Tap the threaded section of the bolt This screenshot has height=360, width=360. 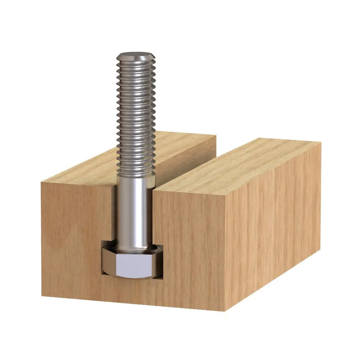point(136,115)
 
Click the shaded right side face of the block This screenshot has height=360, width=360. point(274,230)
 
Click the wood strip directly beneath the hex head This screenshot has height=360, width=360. point(133,288)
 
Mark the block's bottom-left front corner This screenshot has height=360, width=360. point(42,296)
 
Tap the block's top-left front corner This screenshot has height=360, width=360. point(41,183)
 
